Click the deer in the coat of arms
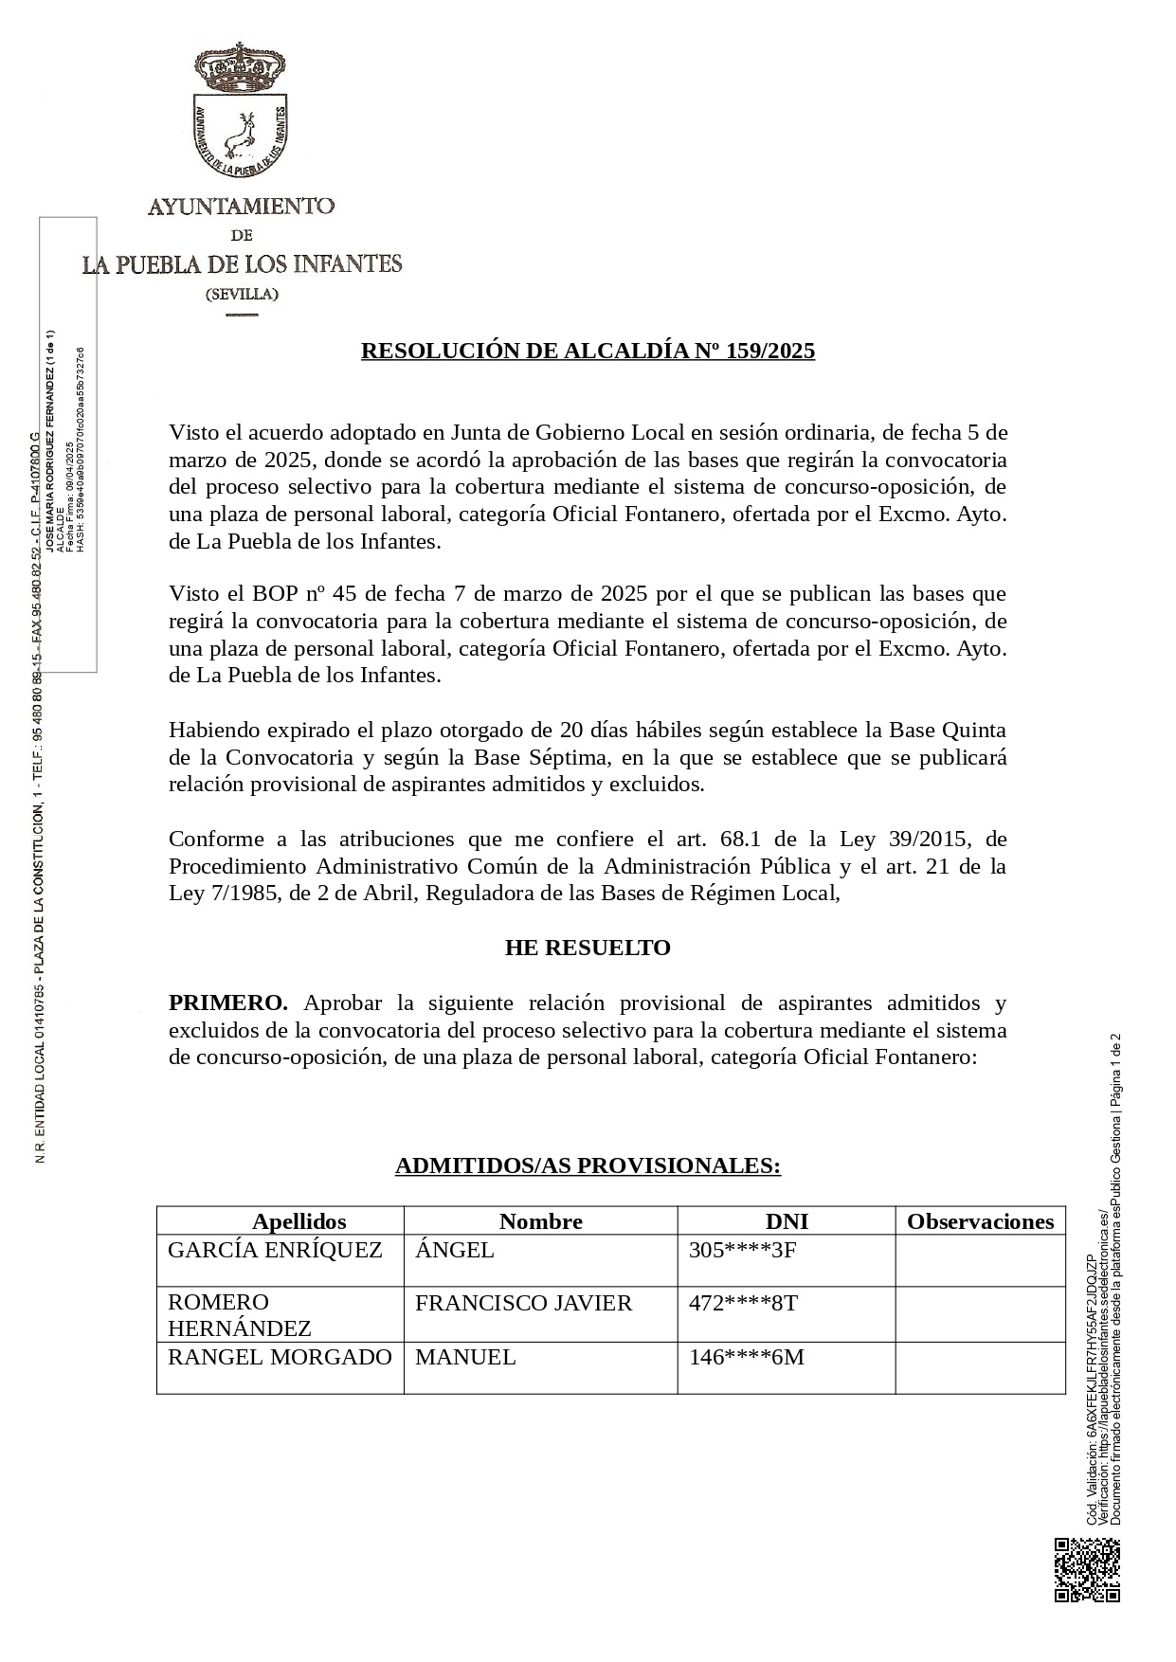pyautogui.click(x=242, y=134)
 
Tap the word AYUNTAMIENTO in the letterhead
pyautogui.click(x=241, y=205)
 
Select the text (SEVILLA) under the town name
pyautogui.click(x=242, y=294)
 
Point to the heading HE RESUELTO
pyautogui.click(x=588, y=948)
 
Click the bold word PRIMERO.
pyautogui.click(x=227, y=1003)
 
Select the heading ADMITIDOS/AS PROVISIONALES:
pyautogui.click(x=588, y=1165)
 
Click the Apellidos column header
pyautogui.click(x=299, y=1221)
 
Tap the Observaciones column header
pyautogui.click(x=980, y=1221)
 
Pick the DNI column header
pyautogui.click(x=787, y=1221)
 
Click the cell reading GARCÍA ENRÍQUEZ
pyautogui.click(x=275, y=1250)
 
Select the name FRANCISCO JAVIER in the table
pyautogui.click(x=523, y=1303)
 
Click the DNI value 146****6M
pyautogui.click(x=746, y=1357)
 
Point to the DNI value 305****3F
pyautogui.click(x=742, y=1250)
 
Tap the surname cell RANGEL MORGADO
pyautogui.click(x=280, y=1357)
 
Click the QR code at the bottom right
pyautogui.click(x=1086, y=1570)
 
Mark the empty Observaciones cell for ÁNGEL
pyautogui.click(x=980, y=1260)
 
